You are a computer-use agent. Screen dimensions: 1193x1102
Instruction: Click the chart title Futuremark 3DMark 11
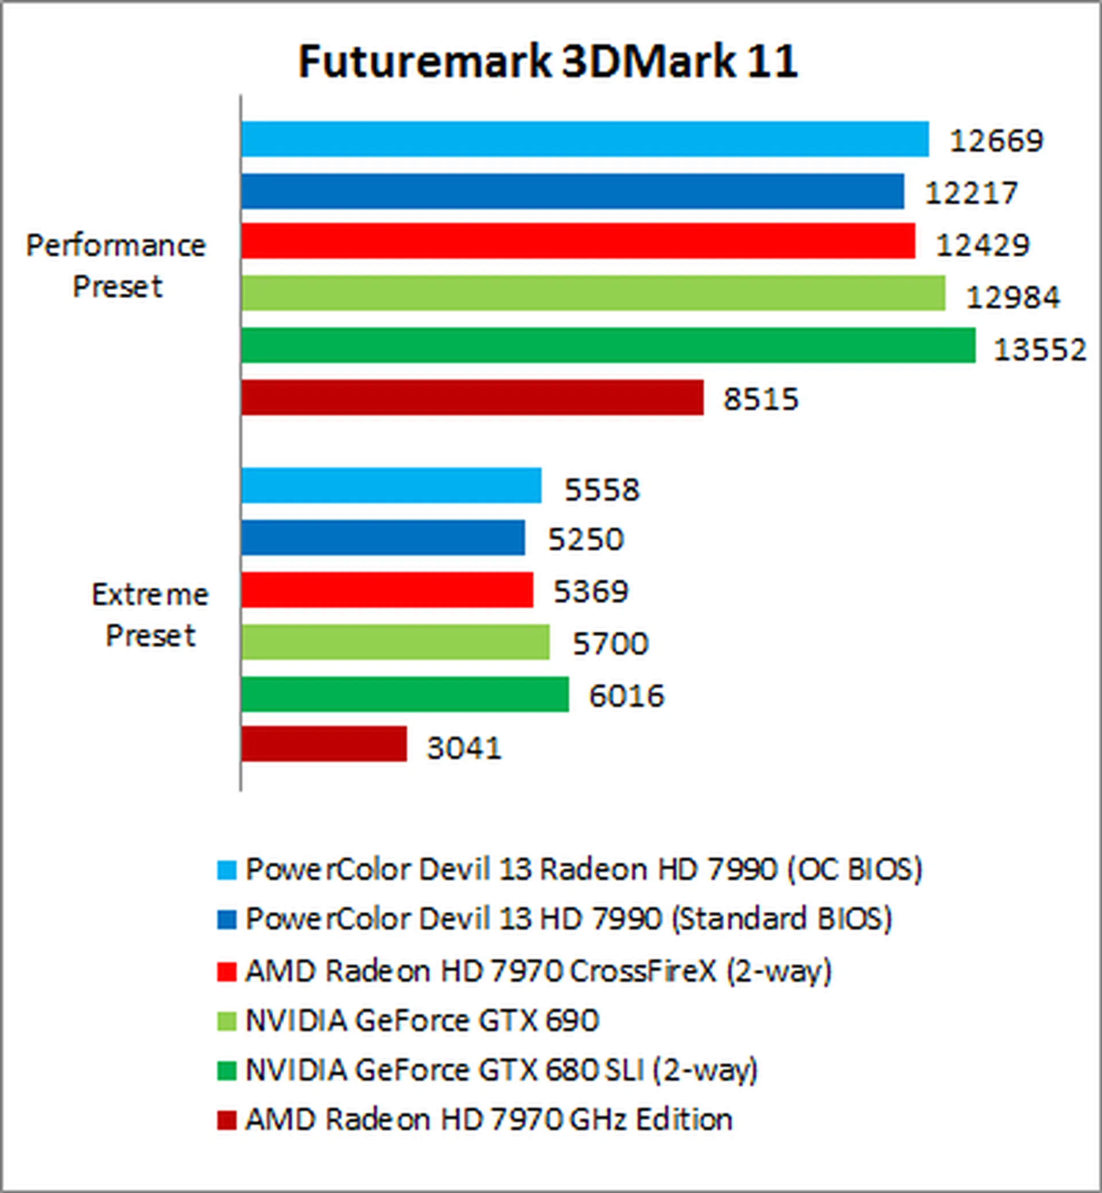[548, 61]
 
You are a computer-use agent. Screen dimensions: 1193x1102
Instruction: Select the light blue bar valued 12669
[584, 139]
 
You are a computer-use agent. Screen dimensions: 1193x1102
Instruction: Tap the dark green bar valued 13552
[608, 345]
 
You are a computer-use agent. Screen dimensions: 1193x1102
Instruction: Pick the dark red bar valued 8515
[472, 397]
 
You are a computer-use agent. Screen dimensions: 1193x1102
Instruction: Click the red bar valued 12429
[578, 241]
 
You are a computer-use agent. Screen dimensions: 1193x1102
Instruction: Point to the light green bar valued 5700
[395, 642]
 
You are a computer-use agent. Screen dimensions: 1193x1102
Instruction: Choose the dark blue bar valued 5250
[383, 538]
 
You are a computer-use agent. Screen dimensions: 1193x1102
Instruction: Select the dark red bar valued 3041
[324, 744]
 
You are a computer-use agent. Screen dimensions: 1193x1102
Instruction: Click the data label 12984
[1012, 297]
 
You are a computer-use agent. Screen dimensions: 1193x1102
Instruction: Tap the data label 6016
[626, 696]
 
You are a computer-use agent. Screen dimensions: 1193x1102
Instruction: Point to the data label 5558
[602, 489]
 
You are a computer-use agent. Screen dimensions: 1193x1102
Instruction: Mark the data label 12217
[971, 193]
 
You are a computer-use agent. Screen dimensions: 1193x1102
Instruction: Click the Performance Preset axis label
[117, 265]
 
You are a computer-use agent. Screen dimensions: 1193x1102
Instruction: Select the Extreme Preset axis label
[150, 615]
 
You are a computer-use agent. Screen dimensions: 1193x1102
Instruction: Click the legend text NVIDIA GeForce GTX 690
[422, 1020]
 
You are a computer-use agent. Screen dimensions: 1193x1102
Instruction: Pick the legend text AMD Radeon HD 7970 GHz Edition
[488, 1119]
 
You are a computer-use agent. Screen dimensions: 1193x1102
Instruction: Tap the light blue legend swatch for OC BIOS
[227, 870]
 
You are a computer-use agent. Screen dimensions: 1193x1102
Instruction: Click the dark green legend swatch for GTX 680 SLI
[227, 1070]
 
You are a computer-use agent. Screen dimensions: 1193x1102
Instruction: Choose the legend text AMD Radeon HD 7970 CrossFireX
[538, 970]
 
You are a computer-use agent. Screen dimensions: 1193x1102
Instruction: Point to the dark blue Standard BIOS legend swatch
[227, 919]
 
